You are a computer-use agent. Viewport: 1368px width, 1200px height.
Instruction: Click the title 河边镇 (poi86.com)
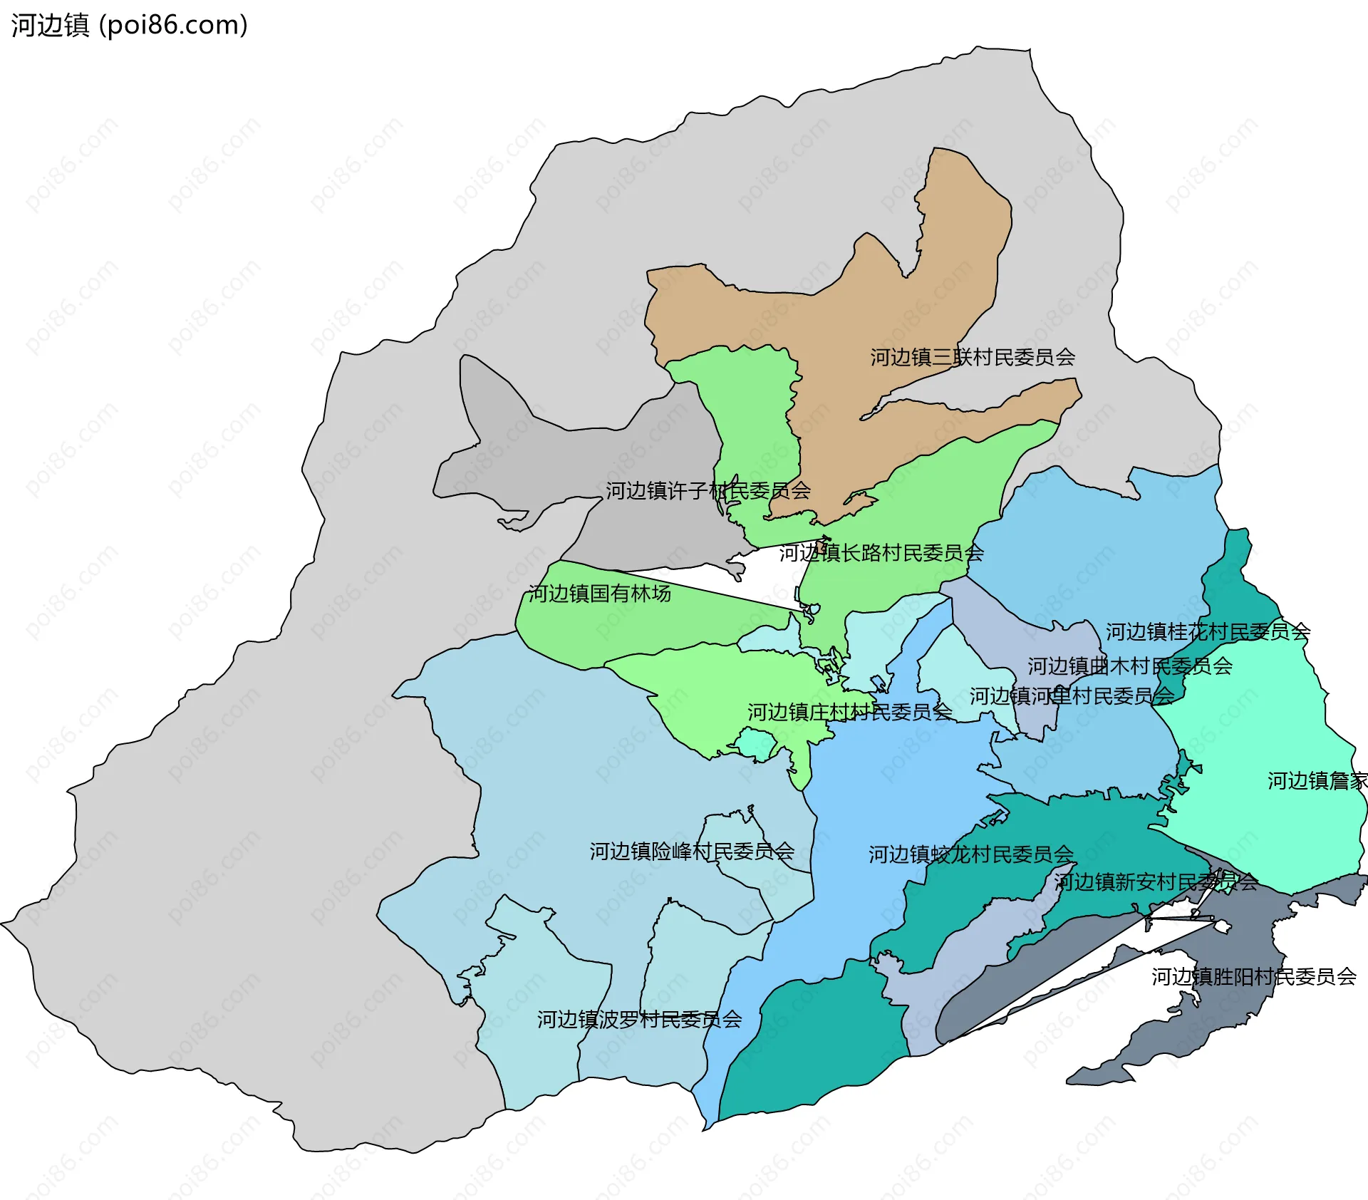pyautogui.click(x=129, y=26)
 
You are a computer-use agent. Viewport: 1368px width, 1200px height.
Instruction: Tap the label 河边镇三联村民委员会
pyautogui.click(x=972, y=357)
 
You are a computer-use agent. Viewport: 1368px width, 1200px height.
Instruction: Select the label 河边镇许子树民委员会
pyautogui.click(x=708, y=490)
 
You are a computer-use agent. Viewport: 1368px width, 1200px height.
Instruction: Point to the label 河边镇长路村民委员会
pyautogui.click(x=881, y=553)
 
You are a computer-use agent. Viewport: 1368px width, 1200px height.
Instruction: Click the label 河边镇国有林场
pyautogui.click(x=599, y=594)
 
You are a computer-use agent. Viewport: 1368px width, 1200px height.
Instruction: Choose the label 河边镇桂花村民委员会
pyautogui.click(x=1207, y=631)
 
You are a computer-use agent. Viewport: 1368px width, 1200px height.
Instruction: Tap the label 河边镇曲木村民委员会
pyautogui.click(x=1129, y=666)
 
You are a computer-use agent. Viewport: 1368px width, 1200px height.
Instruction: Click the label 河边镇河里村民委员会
pyautogui.click(x=1071, y=696)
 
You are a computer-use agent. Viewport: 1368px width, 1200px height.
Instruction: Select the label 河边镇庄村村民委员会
pyautogui.click(x=849, y=712)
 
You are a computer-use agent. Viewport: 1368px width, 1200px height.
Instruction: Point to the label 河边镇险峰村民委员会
pyautogui.click(x=691, y=852)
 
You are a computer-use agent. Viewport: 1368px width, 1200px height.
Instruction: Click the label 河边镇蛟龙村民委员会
pyautogui.click(x=970, y=854)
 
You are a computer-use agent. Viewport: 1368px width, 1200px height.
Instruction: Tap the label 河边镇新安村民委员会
pyautogui.click(x=1156, y=882)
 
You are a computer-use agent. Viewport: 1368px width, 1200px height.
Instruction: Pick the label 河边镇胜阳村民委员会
pyautogui.click(x=1253, y=976)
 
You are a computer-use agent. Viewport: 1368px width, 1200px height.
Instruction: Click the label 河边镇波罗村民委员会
pyautogui.click(x=639, y=1020)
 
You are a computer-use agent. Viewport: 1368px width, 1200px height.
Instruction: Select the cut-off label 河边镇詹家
pyautogui.click(x=1317, y=781)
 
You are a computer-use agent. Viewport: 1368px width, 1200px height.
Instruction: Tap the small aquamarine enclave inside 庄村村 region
pyautogui.click(x=755, y=745)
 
